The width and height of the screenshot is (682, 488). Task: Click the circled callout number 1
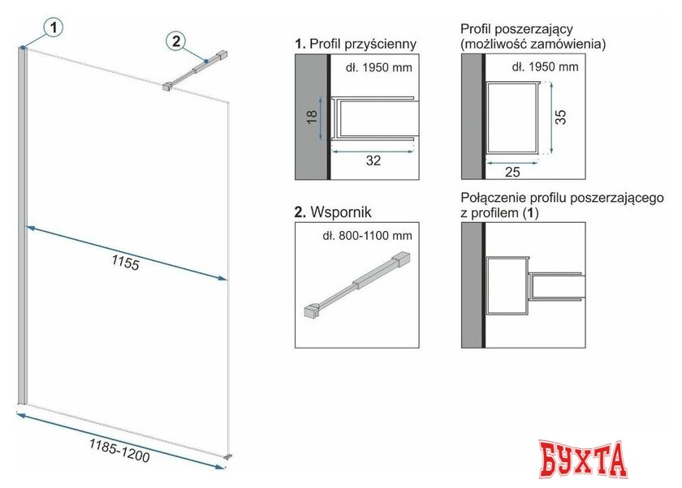(54, 28)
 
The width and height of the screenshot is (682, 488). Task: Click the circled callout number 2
(176, 41)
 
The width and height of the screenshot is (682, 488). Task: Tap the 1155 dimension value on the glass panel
(126, 262)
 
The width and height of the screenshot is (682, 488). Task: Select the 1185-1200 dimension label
(119, 450)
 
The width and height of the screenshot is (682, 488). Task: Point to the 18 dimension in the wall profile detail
(312, 118)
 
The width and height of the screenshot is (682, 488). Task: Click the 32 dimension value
(373, 161)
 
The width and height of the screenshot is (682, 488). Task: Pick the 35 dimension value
(561, 117)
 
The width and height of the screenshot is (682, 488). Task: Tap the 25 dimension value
(512, 173)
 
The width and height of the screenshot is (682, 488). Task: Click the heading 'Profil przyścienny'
(363, 44)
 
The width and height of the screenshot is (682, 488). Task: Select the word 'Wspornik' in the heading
(341, 212)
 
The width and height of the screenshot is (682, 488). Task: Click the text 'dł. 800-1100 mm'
(367, 236)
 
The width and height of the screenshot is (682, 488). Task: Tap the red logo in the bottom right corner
(583, 460)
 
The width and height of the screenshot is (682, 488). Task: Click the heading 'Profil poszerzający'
(516, 29)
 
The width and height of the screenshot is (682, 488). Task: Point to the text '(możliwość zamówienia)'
(533, 44)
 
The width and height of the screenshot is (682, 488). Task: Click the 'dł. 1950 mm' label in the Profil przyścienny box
(379, 68)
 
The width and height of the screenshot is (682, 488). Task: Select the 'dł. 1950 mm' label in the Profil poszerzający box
(545, 66)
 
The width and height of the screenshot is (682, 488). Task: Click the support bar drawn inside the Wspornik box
(356, 284)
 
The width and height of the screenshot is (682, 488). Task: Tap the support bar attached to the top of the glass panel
(195, 71)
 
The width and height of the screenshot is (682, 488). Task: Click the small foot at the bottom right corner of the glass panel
(228, 456)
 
